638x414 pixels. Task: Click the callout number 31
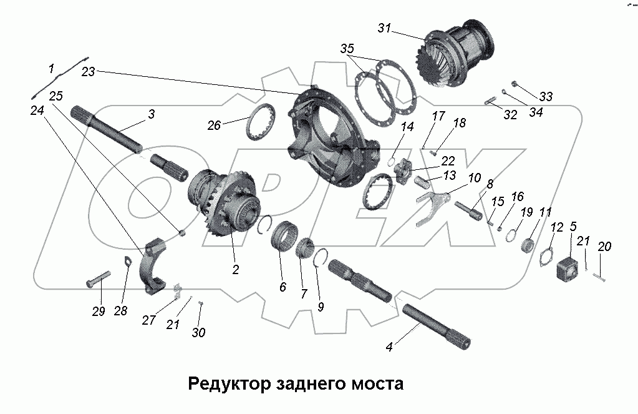point(385,28)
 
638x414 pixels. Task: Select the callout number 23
point(88,71)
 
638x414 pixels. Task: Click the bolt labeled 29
point(98,278)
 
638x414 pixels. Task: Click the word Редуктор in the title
point(227,383)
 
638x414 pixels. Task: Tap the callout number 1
point(52,67)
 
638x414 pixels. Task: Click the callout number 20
point(604,247)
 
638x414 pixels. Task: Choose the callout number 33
point(546,97)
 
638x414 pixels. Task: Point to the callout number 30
point(198,333)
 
